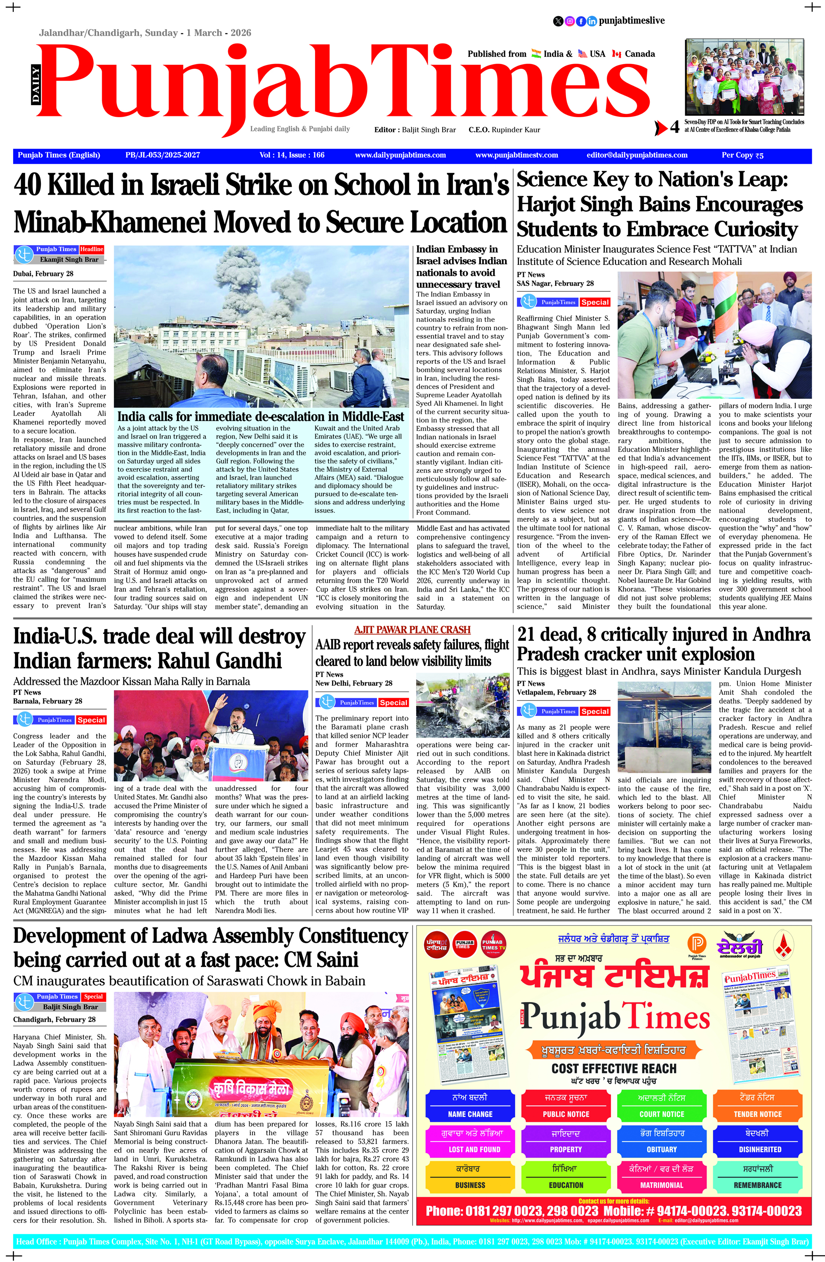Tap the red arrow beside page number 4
[x=661, y=128]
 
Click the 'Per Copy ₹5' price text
[x=742, y=156]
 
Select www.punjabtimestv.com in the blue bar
[x=516, y=156]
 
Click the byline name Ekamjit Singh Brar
[x=69, y=260]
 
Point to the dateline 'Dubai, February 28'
[x=43, y=274]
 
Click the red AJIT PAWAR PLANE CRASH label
[x=412, y=630]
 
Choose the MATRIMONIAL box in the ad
[x=662, y=1186]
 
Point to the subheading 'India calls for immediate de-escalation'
[x=261, y=416]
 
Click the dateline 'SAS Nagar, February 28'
[x=555, y=284]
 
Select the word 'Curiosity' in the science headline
[x=756, y=230]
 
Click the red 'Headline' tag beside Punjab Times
[x=92, y=249]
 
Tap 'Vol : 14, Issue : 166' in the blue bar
[x=292, y=156]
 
